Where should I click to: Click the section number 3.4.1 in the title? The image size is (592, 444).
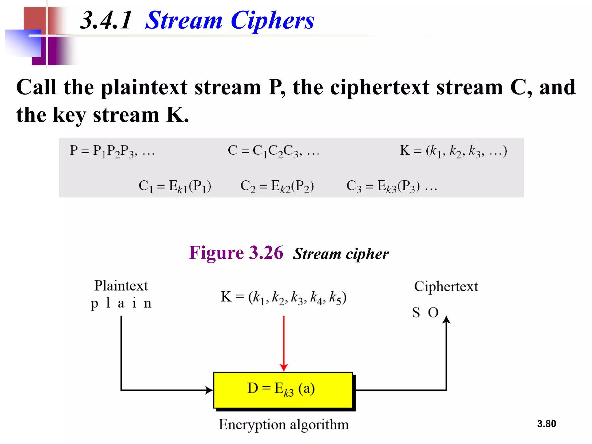pos(106,20)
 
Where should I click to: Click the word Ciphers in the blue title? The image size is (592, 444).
pos(272,20)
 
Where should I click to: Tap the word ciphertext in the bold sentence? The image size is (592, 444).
pos(380,87)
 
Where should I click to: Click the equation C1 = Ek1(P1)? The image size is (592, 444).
pos(175,186)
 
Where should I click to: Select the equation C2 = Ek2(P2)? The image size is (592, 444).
pos(277,186)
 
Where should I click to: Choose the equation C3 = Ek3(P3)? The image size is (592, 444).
pos(383,186)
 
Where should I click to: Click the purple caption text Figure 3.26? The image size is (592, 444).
pos(236,253)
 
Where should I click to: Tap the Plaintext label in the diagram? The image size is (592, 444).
pos(121,286)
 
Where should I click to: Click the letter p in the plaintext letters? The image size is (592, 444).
pos(94,304)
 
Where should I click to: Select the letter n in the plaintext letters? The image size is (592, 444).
pos(148,304)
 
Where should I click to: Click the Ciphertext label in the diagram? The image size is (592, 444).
pos(446,286)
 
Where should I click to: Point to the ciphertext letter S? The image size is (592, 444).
pos(416,312)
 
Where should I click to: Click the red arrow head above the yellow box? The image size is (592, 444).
pos(284,367)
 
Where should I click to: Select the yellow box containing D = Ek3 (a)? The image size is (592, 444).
pos(283,390)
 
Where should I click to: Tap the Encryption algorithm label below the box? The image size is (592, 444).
pos(284,425)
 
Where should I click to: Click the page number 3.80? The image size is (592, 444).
pos(546,424)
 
